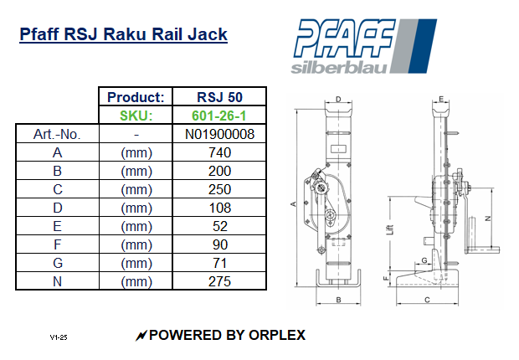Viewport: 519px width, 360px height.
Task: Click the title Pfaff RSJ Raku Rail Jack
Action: click(x=123, y=35)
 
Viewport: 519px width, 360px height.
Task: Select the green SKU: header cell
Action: click(x=136, y=115)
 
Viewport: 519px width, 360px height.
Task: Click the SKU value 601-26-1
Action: click(x=219, y=115)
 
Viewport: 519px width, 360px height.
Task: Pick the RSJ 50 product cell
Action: click(x=219, y=96)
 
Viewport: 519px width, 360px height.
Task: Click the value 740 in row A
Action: click(x=219, y=152)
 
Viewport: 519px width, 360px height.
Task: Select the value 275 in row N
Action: click(x=219, y=282)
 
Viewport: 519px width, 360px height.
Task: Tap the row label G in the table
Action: click(x=57, y=264)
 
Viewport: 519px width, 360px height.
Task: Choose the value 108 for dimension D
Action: click(x=219, y=208)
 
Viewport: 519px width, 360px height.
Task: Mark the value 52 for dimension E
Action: click(x=219, y=226)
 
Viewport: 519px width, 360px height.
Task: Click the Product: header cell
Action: click(x=136, y=96)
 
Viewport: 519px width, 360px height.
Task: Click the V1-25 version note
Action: click(x=58, y=337)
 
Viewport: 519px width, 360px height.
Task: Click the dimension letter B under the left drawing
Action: click(x=337, y=299)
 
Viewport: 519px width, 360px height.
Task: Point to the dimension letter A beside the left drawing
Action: click(x=292, y=203)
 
